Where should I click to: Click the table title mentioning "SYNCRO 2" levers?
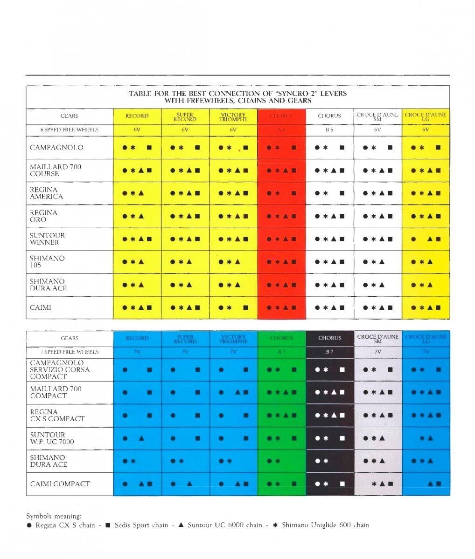[x=237, y=97]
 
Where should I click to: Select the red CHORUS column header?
[x=281, y=116]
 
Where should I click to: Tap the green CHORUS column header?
[x=281, y=338]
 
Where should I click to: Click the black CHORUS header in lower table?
[x=329, y=338]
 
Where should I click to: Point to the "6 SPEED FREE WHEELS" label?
[x=69, y=130]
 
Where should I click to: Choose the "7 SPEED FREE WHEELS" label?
[x=69, y=352]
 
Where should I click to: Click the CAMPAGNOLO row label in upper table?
[x=56, y=148]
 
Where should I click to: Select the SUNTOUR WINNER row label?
[x=47, y=239]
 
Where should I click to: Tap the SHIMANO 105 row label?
[x=47, y=262]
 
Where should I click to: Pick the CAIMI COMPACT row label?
[x=60, y=484]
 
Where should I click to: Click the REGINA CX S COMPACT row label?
[x=57, y=416]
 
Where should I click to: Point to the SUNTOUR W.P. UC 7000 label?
[x=52, y=438]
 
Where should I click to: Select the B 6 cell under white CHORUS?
[x=329, y=130]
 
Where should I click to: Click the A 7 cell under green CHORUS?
[x=281, y=352]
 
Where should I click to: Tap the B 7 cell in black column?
[x=329, y=352]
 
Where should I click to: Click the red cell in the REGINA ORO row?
[x=281, y=216]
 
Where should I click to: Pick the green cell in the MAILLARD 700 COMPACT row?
[x=281, y=393]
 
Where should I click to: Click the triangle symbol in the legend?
[x=181, y=525]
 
